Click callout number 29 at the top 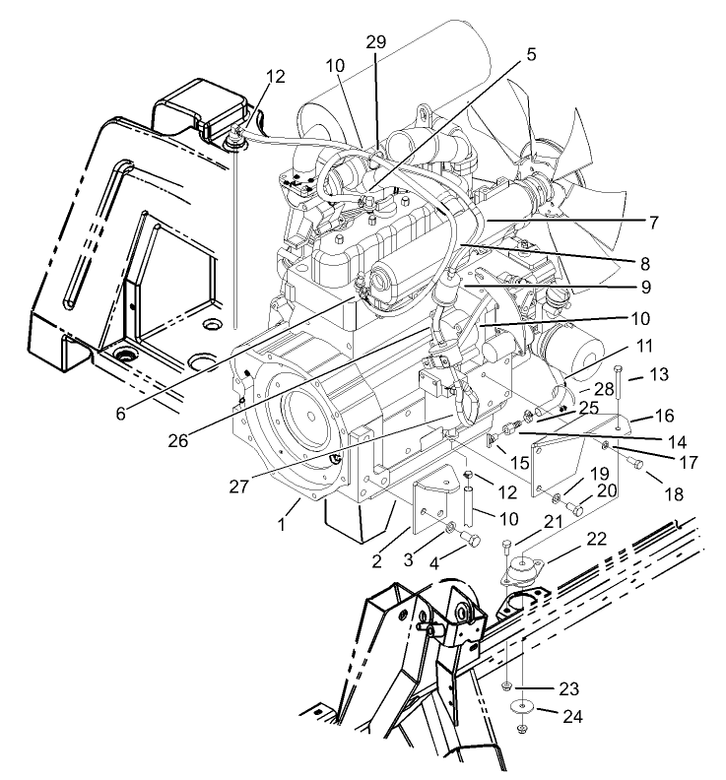click(375, 42)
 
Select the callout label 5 click(532, 55)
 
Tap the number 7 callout click(653, 223)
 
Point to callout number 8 click(645, 264)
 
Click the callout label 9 click(644, 288)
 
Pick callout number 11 click(644, 348)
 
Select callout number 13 click(659, 375)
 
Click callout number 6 click(120, 415)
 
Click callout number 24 click(572, 716)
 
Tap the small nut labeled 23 click(504, 685)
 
